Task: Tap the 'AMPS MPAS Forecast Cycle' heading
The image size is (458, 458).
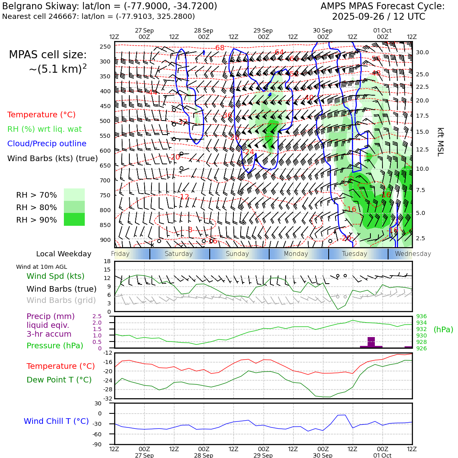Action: [382, 6]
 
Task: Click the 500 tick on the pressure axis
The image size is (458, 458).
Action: [105, 121]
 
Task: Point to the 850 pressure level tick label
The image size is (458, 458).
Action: [105, 225]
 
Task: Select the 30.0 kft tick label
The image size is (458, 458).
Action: [422, 52]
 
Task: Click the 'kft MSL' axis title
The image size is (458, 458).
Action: [440, 142]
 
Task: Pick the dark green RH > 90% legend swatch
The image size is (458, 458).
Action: [74, 219]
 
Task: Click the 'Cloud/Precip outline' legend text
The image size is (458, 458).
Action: [47, 143]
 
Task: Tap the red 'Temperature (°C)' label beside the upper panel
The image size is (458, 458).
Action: [41, 115]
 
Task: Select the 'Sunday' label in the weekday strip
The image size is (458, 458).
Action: [237, 254]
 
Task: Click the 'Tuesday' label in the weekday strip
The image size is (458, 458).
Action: [354, 254]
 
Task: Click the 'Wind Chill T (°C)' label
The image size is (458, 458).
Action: [56, 421]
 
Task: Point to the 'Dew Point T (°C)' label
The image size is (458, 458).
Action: [59, 380]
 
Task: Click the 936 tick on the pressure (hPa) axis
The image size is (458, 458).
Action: [421, 316]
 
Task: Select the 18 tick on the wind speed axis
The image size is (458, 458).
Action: [107, 262]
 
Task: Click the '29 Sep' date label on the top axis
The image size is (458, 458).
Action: [263, 31]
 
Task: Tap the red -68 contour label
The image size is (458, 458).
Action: [219, 48]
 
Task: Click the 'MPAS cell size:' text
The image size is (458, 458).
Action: [48, 55]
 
